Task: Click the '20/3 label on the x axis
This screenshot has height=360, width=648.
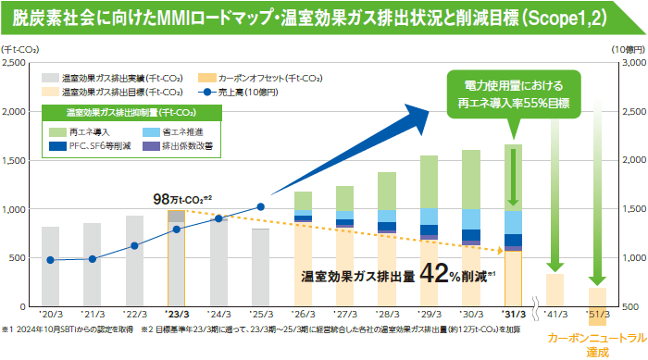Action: click(x=50, y=315)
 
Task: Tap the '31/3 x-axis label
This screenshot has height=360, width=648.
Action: click(x=514, y=315)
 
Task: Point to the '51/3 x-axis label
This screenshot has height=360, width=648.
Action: click(x=597, y=315)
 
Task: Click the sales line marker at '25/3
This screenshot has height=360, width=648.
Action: click(x=260, y=207)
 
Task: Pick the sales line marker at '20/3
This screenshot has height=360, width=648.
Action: click(x=50, y=260)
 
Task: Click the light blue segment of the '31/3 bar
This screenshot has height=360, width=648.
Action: click(x=514, y=222)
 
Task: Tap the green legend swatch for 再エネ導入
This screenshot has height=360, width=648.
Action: click(x=57, y=131)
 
